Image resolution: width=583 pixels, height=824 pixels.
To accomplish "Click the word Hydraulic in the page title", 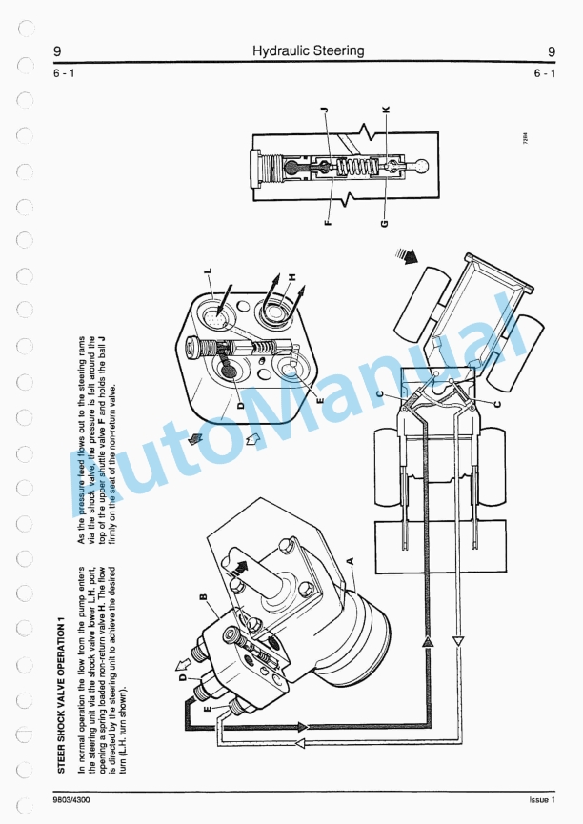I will [x=279, y=50].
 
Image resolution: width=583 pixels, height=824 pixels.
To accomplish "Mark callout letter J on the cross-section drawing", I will [x=325, y=111].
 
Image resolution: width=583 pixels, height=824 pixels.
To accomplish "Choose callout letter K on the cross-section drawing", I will [x=386, y=111].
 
